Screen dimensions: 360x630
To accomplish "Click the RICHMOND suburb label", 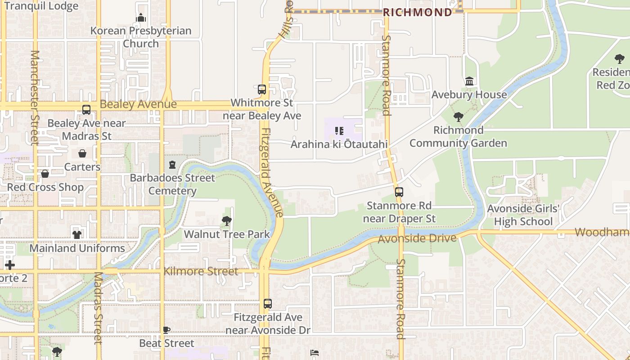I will tap(417, 12).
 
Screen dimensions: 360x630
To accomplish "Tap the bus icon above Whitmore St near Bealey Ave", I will tap(262, 90).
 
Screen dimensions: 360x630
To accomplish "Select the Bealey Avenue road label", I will tap(138, 104).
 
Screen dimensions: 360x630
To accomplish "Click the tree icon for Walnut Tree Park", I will tap(227, 221).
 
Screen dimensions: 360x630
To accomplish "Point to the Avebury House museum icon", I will tap(469, 81).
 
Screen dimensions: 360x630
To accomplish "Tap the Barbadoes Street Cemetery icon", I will tap(172, 165).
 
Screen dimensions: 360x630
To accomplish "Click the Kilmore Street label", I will tap(201, 271).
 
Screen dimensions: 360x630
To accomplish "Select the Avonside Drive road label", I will tap(417, 238).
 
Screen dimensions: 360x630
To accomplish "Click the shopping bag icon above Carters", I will tap(82, 154).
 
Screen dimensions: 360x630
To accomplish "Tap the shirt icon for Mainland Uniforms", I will tap(77, 234).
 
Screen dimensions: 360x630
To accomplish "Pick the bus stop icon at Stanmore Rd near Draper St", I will tap(399, 192).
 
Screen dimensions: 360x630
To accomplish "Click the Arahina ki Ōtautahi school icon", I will tap(339, 131).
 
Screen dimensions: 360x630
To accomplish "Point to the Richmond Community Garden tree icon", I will tap(458, 117).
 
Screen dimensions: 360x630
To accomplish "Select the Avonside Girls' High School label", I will tap(523, 215).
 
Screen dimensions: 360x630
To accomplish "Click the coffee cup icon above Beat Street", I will tap(166, 330).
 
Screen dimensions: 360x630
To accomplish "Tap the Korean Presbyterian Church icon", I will tap(141, 18).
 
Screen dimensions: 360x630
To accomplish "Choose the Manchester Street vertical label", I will tap(35, 97).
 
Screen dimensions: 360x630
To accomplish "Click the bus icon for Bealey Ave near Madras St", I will tap(86, 110).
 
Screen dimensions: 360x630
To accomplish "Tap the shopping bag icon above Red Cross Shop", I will tap(45, 174).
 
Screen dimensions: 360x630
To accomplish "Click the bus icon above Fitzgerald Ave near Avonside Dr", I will tap(268, 304).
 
